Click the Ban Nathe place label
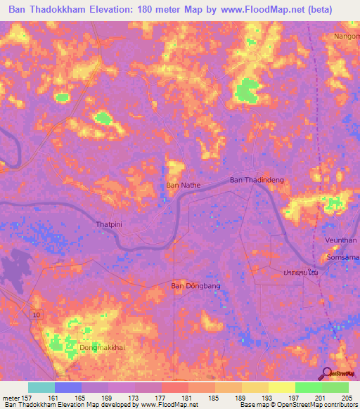183,186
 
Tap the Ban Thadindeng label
257,181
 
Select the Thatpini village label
109,225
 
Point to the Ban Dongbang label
191,286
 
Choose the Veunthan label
340,240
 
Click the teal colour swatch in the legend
41,387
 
